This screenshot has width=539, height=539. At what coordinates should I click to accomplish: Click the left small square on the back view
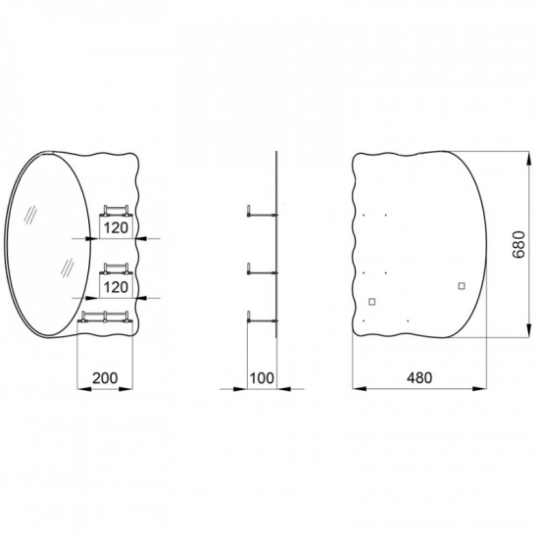tap(372, 301)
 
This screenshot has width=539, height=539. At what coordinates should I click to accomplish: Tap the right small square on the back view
tap(461, 286)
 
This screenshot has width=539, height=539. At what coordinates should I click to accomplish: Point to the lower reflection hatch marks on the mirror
tap(68, 267)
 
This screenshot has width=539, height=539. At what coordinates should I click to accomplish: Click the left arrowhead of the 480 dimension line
tap(357, 389)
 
